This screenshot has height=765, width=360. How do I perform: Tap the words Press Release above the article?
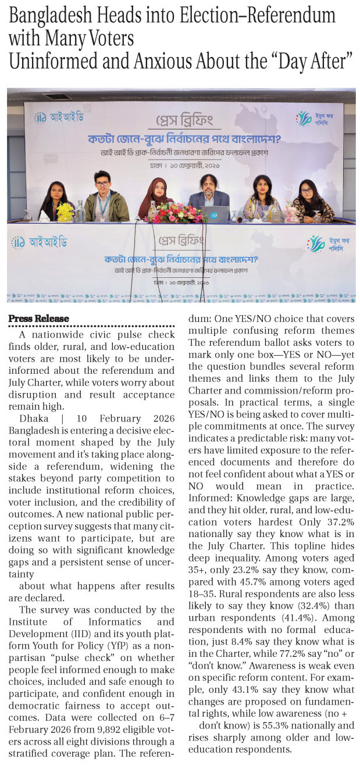coord(38,319)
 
